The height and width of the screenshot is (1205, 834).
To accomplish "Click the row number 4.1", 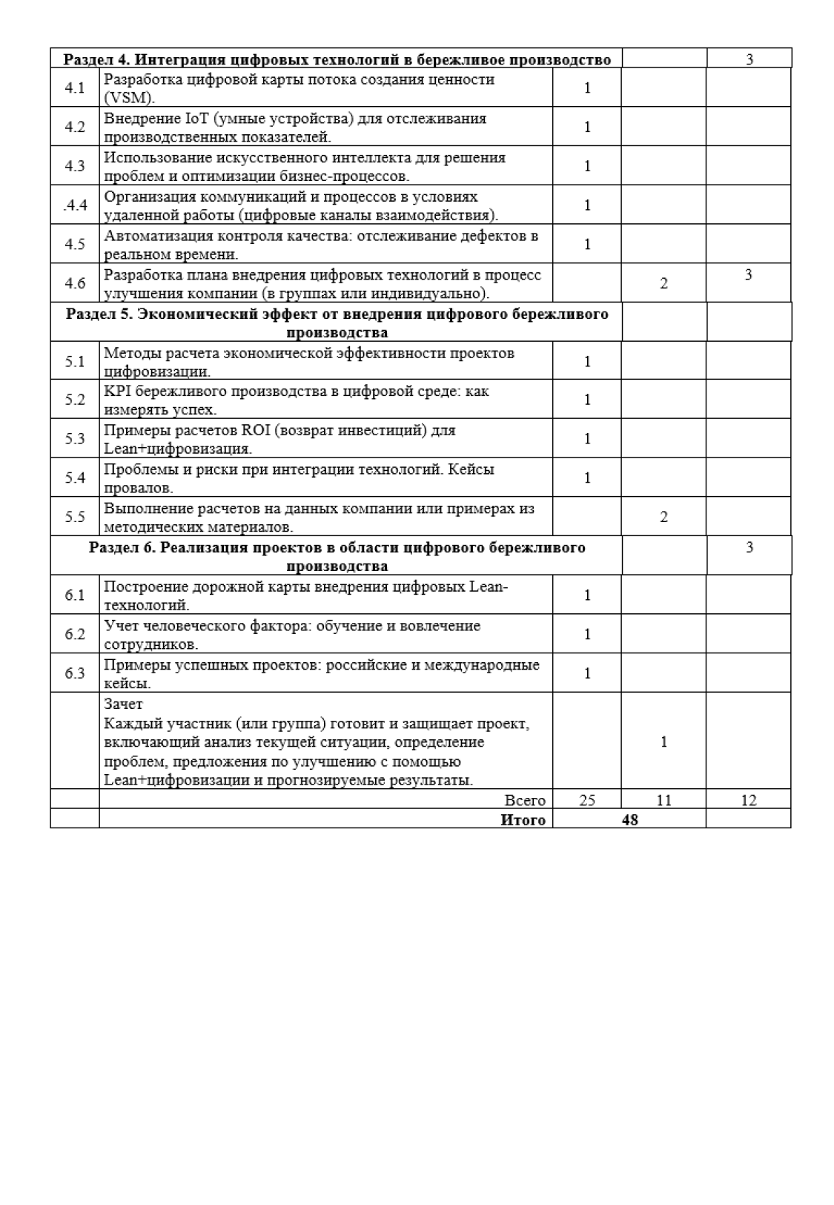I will coord(75,88).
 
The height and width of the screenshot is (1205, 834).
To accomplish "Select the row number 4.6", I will coord(75,283).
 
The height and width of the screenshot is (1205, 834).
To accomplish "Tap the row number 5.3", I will coord(75,439).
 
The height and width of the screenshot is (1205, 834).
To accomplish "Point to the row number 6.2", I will coord(75,634).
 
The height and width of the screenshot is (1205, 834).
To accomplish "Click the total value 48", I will coord(630,819).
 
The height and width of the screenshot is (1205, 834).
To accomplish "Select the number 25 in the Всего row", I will coord(587,800).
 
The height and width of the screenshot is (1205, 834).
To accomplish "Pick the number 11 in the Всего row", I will coord(663,800).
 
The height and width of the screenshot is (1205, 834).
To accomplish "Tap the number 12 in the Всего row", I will coord(749,800).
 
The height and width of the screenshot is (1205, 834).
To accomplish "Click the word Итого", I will coord(523,819).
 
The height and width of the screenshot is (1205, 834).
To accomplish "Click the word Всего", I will coord(525,800).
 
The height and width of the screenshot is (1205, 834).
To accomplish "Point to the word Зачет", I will coord(123,704).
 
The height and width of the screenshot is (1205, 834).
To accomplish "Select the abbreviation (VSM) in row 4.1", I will coord(130,99).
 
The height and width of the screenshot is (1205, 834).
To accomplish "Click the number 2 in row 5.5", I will coord(663,517).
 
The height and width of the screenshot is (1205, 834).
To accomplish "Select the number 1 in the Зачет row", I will coord(663,742).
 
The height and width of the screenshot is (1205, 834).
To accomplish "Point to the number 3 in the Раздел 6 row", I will coord(749,547).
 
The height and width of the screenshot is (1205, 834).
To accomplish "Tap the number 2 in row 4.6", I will coord(663,283).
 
